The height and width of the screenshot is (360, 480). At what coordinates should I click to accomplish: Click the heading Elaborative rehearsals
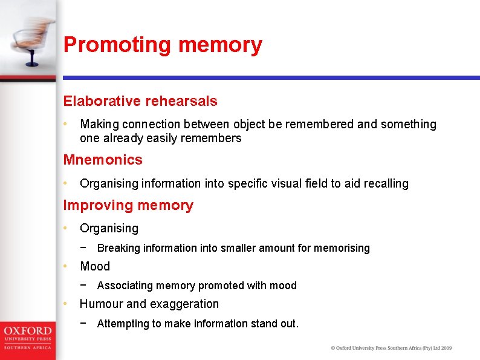coord(140,101)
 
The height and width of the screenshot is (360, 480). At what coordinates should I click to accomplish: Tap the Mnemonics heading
coord(103,160)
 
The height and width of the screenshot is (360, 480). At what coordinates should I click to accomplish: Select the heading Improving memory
coord(128,205)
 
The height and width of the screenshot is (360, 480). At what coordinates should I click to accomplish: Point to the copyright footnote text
coord(391,348)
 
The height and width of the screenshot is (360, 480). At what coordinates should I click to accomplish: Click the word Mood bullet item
coord(95,266)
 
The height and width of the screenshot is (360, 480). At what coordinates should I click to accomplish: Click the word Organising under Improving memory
coord(109,228)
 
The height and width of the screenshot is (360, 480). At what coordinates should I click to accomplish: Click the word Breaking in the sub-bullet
coord(117,247)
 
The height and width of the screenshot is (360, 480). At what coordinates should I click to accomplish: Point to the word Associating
coord(125,285)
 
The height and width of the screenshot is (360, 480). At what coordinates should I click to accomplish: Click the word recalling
coord(385,183)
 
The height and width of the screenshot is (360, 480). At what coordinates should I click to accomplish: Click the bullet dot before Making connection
coord(66,123)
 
